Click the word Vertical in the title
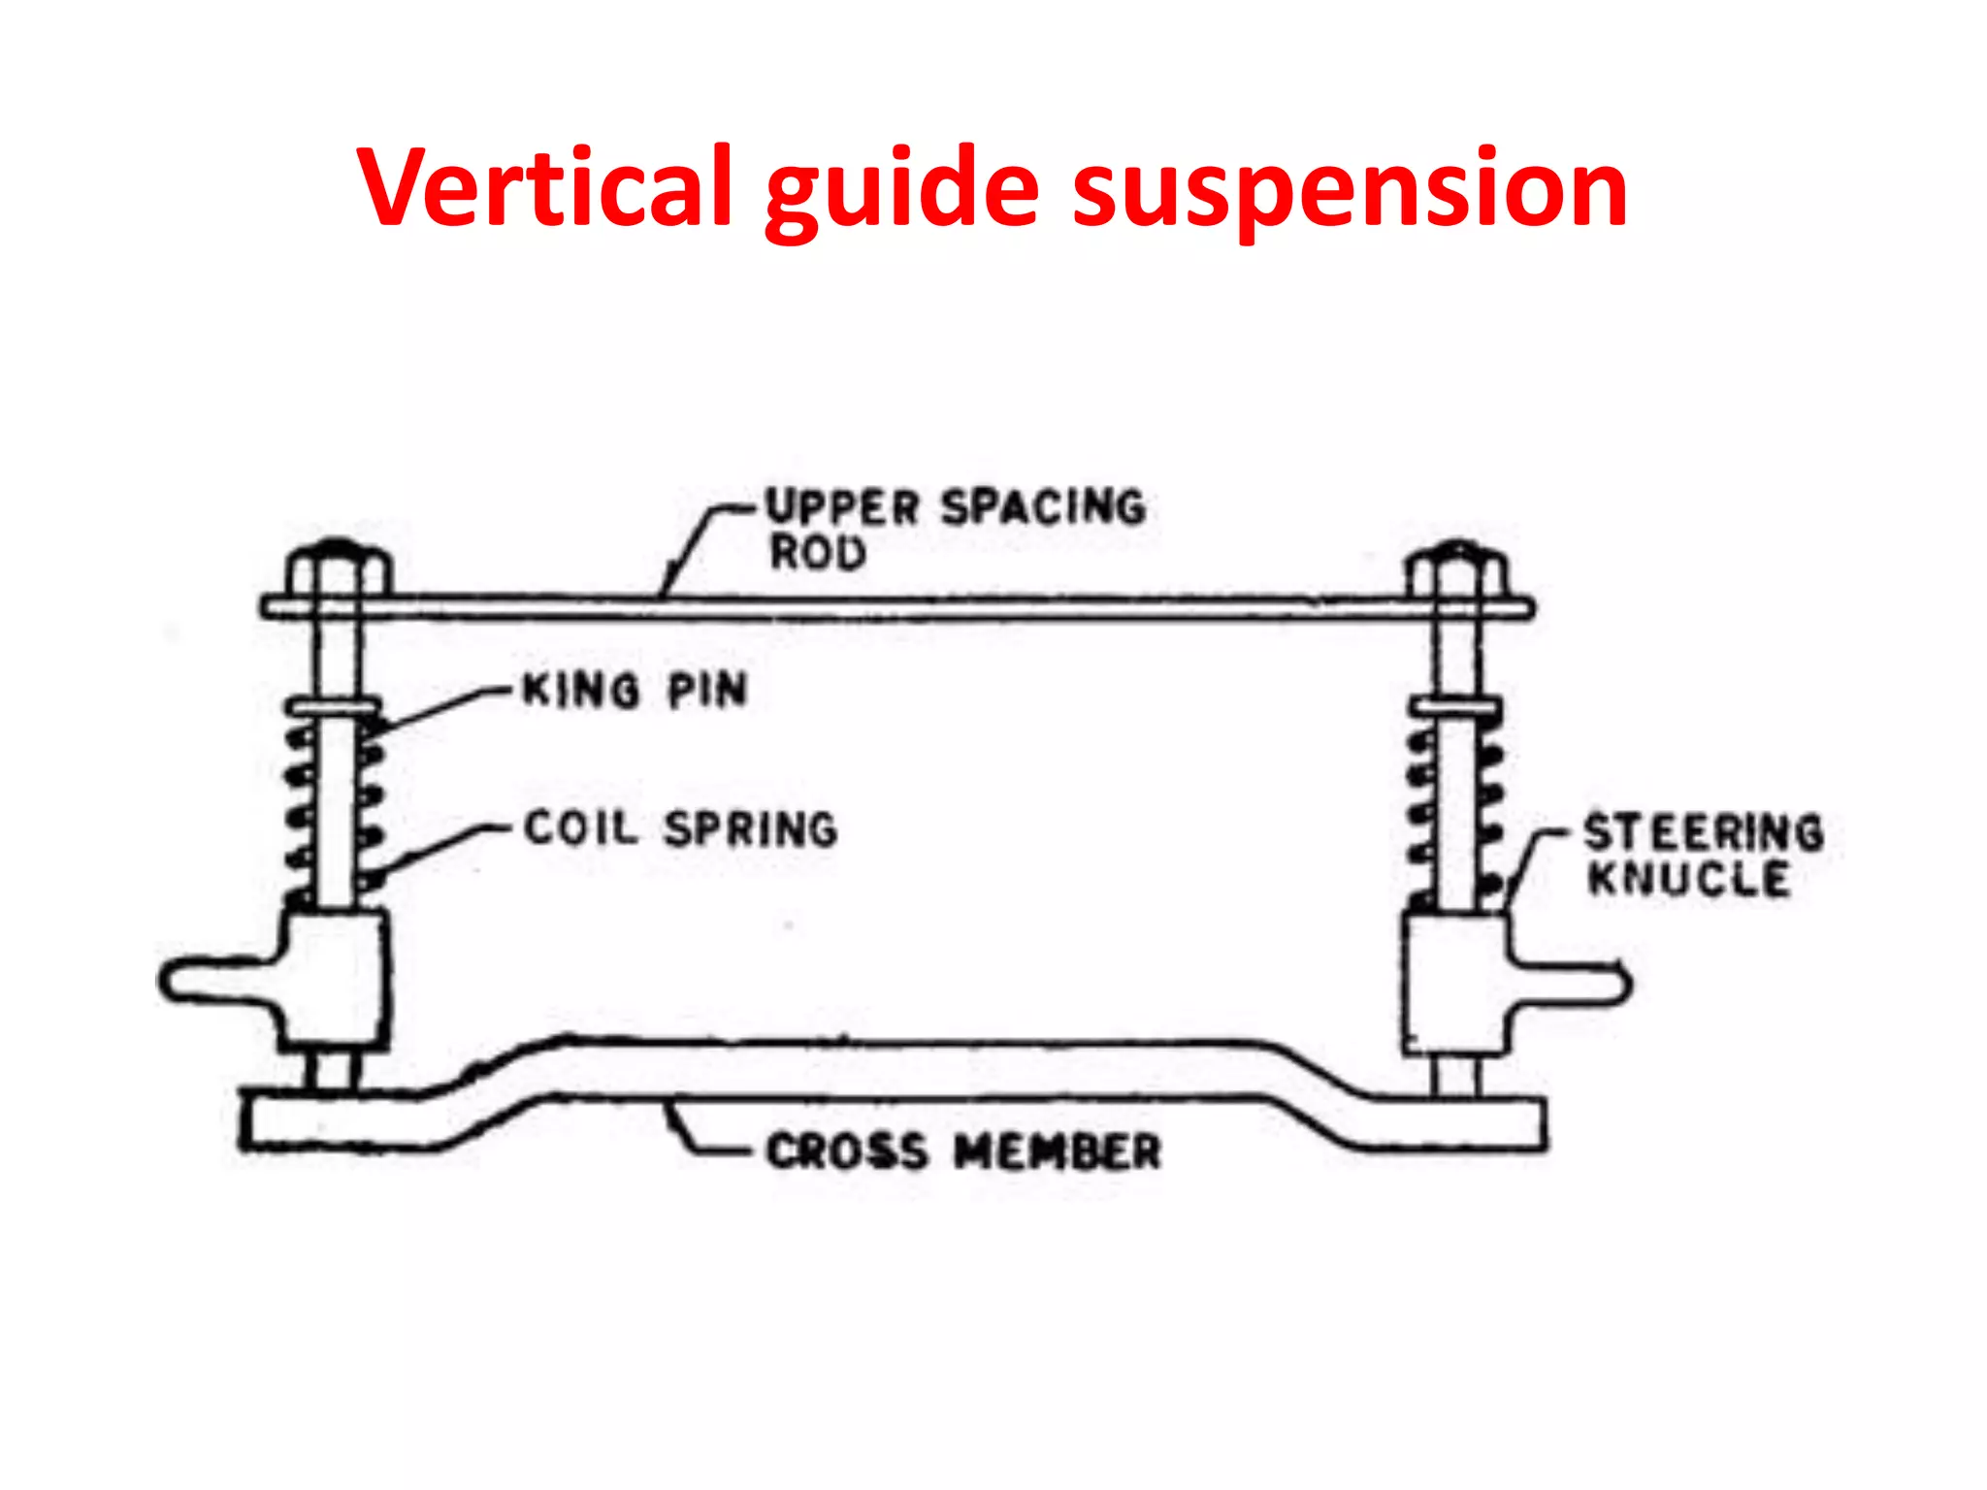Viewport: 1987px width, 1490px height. [543, 186]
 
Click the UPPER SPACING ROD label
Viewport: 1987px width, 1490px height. [956, 529]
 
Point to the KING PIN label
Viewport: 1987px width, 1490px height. [635, 691]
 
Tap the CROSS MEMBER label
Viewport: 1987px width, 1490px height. [963, 1151]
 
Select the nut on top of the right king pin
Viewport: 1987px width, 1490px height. [1457, 572]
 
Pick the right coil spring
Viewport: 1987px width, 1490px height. [1455, 805]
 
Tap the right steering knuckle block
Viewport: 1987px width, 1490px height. [1452, 985]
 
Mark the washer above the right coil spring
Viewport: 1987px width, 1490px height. [1455, 707]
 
